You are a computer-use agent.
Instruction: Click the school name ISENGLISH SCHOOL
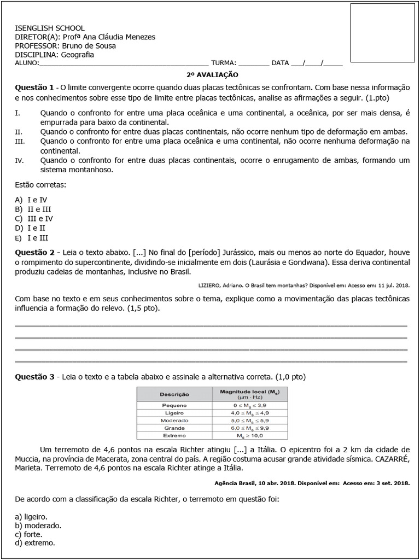[x=50, y=28]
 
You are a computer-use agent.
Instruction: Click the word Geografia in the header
[x=77, y=55]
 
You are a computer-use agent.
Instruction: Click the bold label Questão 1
[x=34, y=87]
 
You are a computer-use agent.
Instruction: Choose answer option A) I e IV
[x=32, y=200]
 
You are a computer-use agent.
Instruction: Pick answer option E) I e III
[x=32, y=238]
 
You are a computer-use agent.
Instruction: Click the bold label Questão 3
[x=34, y=377]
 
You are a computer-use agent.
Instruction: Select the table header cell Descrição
[x=174, y=394]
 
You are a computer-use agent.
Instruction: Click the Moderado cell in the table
[x=174, y=420]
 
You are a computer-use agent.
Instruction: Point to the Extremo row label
[x=174, y=435]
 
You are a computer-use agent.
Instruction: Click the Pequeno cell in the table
[x=174, y=405]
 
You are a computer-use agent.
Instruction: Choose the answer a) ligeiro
[x=31, y=516]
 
